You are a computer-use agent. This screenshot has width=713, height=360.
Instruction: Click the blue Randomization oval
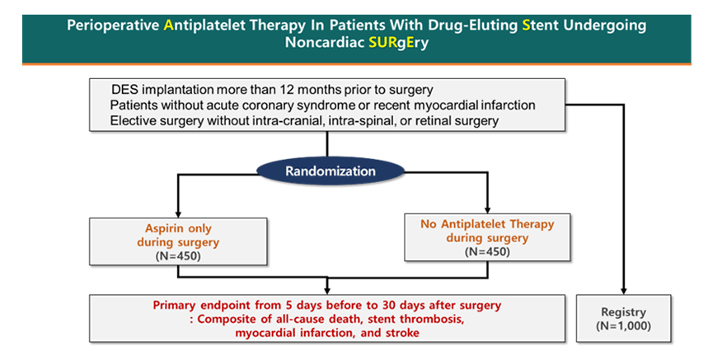click(331, 171)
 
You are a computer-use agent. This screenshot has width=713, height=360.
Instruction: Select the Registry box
click(623, 318)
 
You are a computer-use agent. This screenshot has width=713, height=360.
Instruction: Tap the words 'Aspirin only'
click(178, 228)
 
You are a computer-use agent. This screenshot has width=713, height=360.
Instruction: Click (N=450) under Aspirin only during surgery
click(178, 256)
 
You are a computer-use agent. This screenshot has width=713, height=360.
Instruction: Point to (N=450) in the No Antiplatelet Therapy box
click(487, 251)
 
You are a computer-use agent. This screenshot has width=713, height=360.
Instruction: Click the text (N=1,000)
click(623, 326)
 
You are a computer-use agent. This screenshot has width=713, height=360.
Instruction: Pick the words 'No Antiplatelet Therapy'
click(487, 224)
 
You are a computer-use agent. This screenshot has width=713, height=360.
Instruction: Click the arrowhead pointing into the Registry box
click(623, 291)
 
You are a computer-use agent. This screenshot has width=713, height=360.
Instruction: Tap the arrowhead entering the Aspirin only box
click(178, 214)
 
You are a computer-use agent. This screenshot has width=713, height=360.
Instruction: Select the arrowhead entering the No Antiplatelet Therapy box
click(487, 210)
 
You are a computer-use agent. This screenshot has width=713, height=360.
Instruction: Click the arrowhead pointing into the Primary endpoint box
click(327, 291)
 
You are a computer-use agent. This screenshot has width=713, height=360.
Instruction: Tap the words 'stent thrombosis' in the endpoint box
click(415, 319)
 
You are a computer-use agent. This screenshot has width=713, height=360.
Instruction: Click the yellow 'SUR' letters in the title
click(382, 42)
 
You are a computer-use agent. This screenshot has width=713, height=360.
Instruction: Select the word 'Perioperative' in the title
click(113, 26)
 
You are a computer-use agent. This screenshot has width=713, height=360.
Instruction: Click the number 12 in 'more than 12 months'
click(287, 90)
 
